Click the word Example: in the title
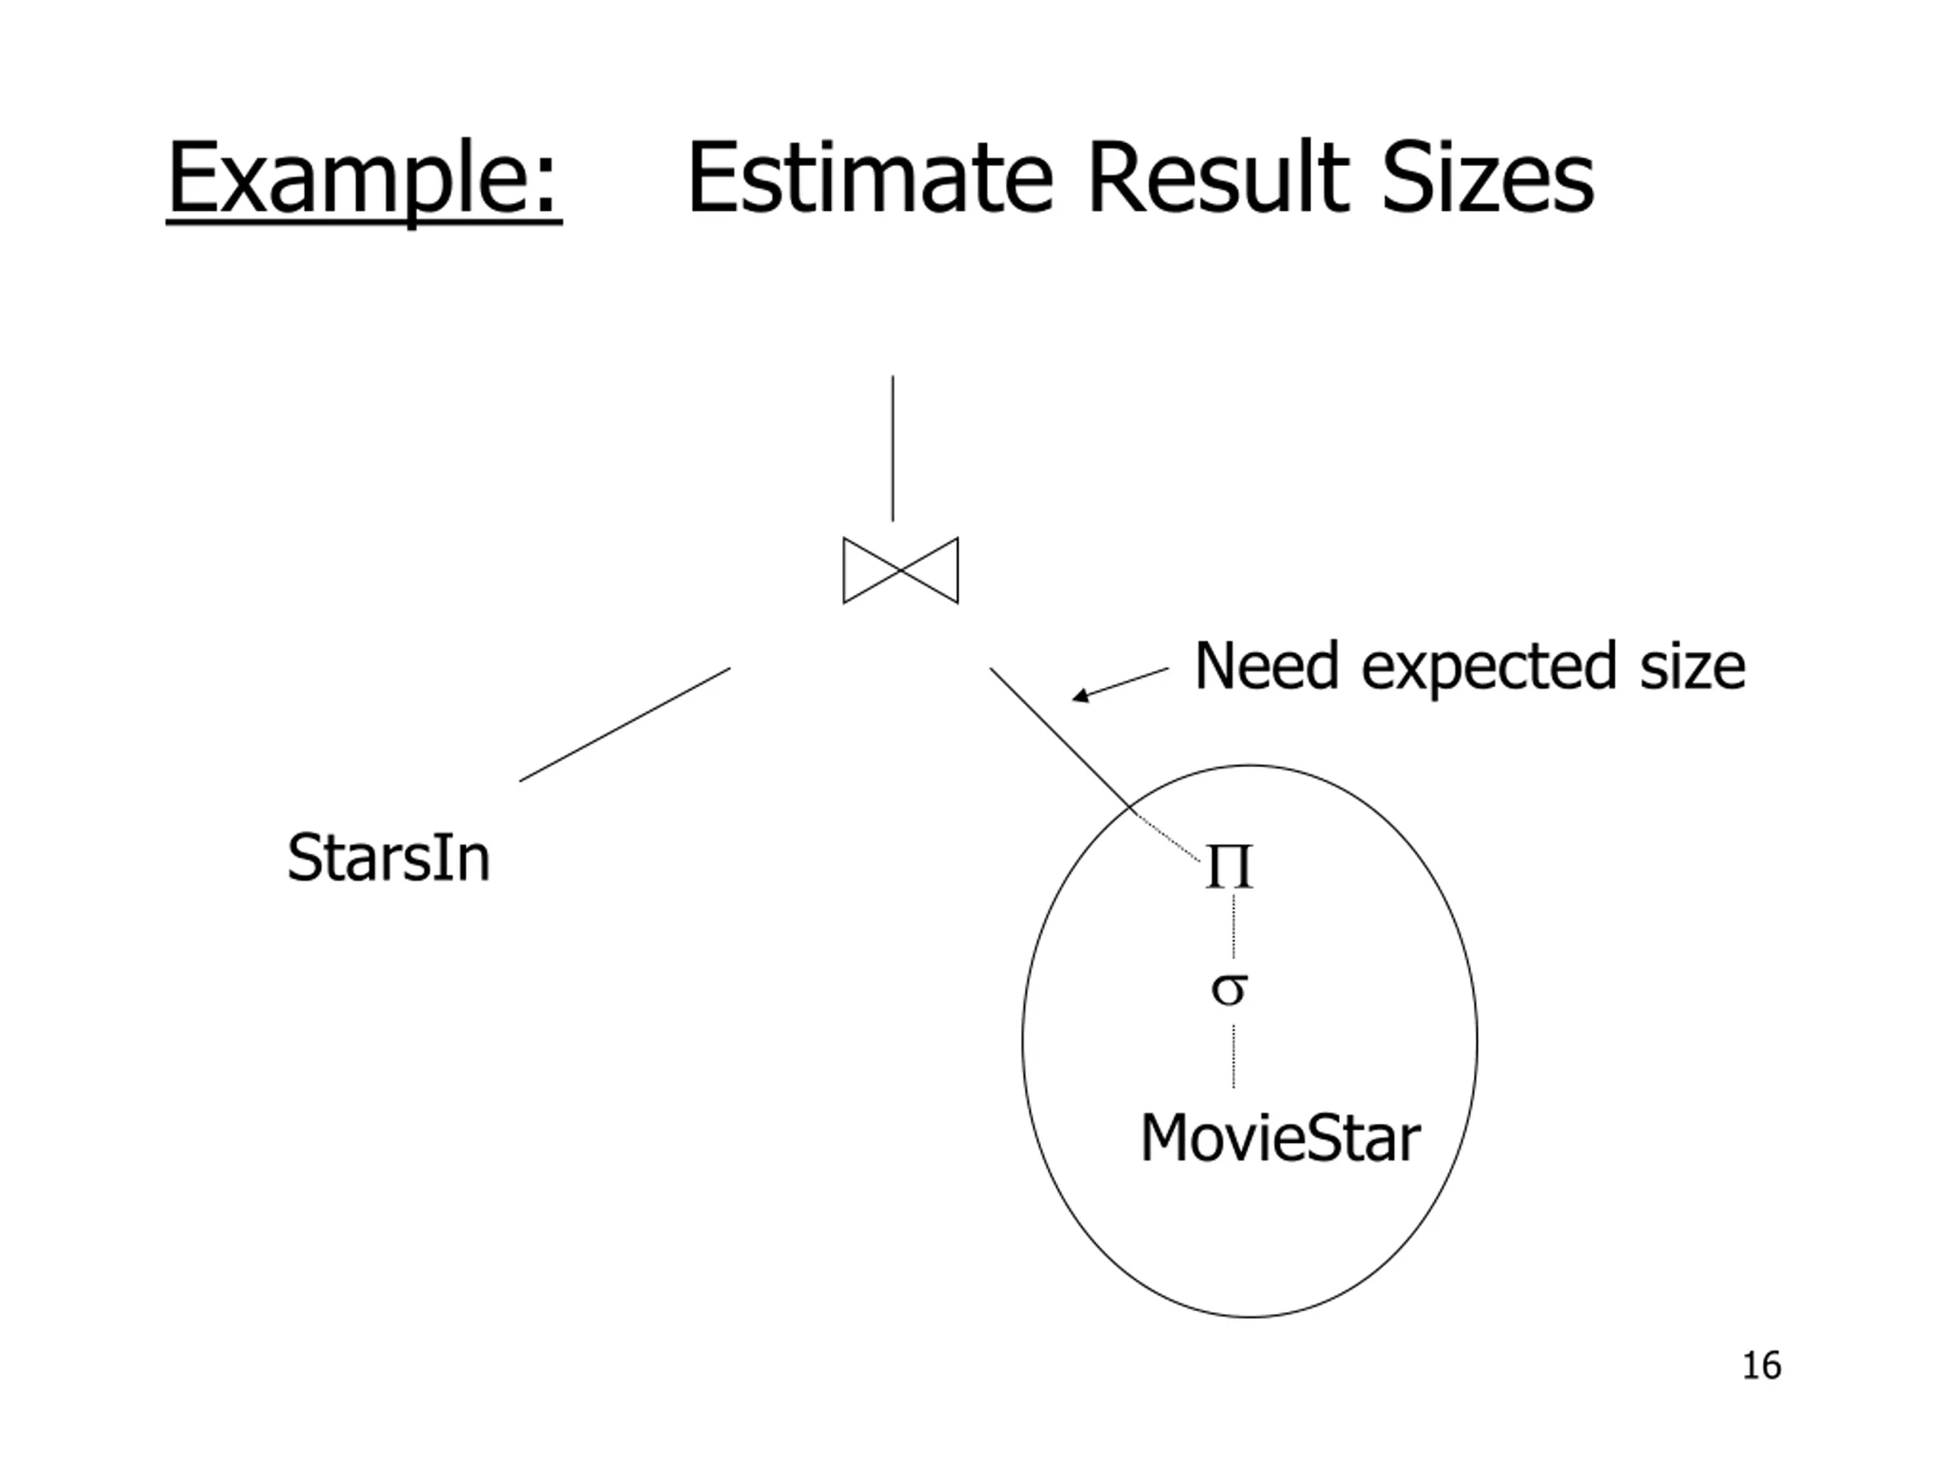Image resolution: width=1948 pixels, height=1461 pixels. (363, 179)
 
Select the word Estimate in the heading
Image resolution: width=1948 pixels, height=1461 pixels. (869, 179)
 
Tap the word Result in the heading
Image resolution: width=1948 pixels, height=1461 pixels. (1218, 179)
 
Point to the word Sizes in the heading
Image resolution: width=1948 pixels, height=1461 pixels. (1488, 179)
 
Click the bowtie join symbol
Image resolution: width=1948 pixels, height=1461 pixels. (900, 571)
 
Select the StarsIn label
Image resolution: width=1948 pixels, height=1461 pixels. (388, 858)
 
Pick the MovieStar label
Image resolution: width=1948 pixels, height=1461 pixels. (1280, 1138)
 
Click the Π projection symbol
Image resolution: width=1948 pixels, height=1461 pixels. (1228, 867)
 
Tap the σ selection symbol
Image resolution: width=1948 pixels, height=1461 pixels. (1228, 989)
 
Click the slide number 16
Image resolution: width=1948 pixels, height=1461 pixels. (1762, 1366)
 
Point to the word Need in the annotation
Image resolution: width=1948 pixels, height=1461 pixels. (1266, 667)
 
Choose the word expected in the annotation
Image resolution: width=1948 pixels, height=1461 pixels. (1488, 668)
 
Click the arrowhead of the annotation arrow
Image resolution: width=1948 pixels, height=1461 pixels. (1078, 698)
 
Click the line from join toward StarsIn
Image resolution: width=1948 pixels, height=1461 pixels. (625, 724)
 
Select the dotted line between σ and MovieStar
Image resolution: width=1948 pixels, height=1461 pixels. (1233, 1057)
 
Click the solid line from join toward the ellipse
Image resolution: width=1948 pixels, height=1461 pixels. (1057, 734)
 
